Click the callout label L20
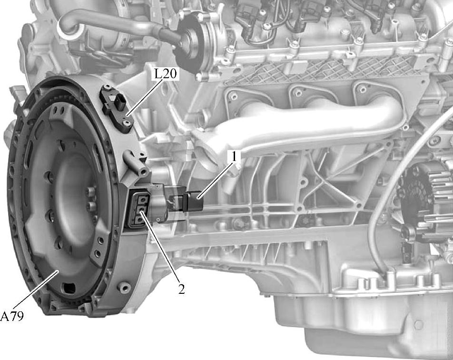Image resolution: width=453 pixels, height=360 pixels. pos(165,74)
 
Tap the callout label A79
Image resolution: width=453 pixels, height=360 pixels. pos(12,316)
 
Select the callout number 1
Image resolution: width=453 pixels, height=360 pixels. pos(234,157)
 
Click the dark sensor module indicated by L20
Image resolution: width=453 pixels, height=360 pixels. pos(117,108)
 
